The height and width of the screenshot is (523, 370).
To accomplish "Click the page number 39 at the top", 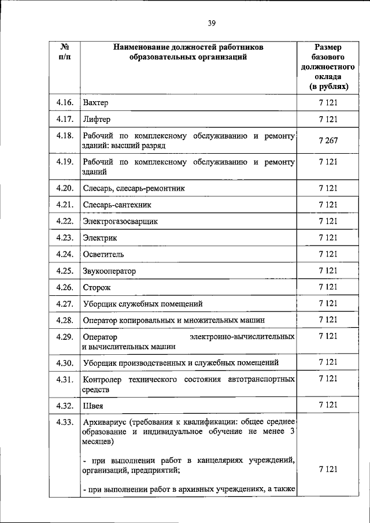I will (212, 23).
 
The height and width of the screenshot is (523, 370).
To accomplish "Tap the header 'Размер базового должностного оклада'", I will (328, 66).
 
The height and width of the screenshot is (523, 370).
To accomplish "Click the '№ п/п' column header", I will (65, 51).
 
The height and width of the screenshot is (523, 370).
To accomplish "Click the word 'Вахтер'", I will (96, 103).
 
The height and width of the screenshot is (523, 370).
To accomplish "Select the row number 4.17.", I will (65, 120).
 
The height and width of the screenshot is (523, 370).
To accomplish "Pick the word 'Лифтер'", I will (97, 120).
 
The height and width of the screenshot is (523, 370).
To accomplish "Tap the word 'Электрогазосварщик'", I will (120, 221).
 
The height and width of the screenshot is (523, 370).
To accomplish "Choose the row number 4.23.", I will (65, 238).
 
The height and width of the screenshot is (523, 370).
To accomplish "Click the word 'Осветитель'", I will (103, 254).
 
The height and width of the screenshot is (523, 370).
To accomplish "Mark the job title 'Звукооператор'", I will (109, 270).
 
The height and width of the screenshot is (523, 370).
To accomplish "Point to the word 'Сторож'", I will (97, 287).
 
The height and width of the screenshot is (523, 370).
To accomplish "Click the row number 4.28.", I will (65, 320).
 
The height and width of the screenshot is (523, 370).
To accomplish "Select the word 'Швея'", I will (93, 406).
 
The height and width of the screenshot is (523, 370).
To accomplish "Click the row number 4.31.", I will (65, 379).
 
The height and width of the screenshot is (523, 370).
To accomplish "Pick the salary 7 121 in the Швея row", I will (328, 405).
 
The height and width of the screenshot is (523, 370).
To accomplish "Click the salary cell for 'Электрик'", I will (328, 238).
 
